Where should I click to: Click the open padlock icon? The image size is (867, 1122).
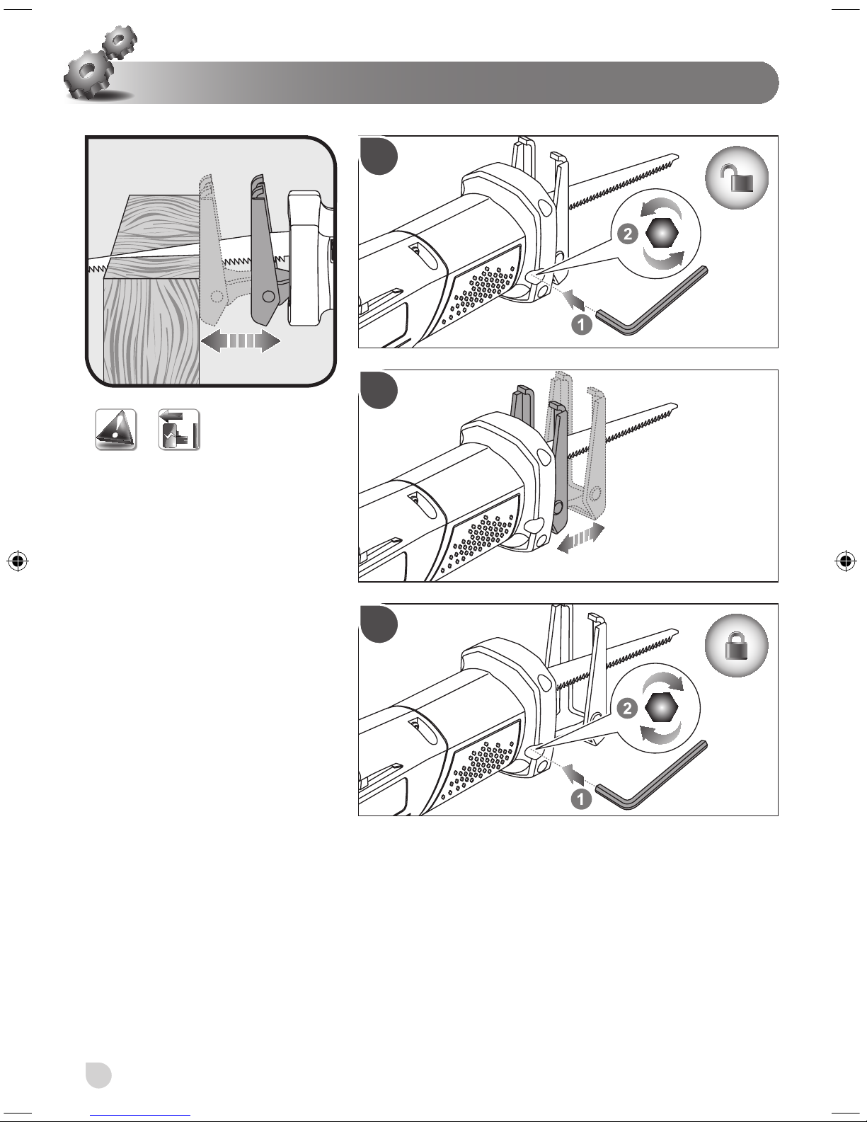click(x=736, y=178)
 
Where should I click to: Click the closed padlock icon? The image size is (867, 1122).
click(x=736, y=645)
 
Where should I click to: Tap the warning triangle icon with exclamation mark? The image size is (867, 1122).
click(x=115, y=430)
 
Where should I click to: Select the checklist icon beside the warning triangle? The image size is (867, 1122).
click(x=178, y=429)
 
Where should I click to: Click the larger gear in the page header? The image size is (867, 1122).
click(x=88, y=74)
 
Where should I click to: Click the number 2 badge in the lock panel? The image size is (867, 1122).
click(x=628, y=707)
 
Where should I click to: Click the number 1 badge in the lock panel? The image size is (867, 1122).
click(x=582, y=800)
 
